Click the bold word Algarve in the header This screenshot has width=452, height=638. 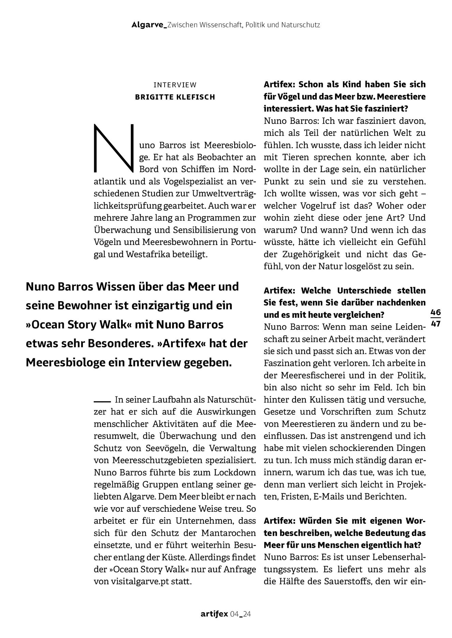[149, 25]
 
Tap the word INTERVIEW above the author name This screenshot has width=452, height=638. [175, 85]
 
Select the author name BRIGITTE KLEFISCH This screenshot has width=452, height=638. [175, 97]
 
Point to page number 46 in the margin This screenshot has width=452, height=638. [435, 312]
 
